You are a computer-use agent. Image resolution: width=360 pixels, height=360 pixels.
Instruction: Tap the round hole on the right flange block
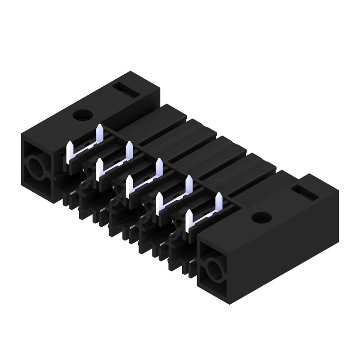click(258, 218)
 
